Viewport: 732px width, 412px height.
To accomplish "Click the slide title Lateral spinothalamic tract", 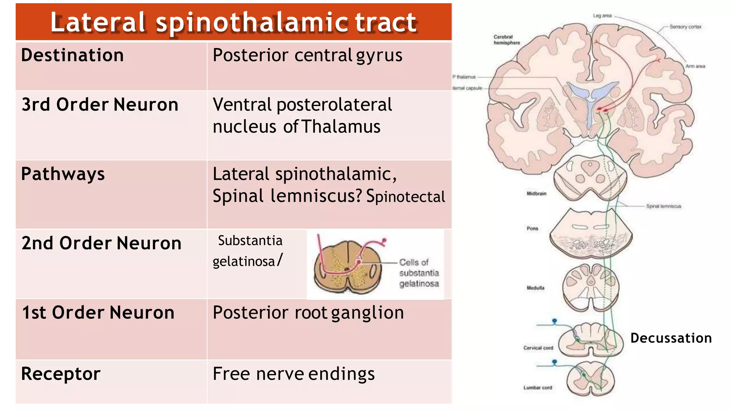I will tap(233, 22).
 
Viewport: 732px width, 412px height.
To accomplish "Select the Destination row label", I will tap(73, 55).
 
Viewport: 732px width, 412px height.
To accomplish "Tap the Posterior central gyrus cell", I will tap(307, 55).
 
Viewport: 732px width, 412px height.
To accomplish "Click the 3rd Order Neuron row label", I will tap(100, 105).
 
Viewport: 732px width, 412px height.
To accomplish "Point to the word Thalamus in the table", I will tap(341, 127).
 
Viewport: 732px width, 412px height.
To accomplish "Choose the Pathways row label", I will tap(63, 174).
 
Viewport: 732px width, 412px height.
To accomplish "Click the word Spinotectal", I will tap(406, 197).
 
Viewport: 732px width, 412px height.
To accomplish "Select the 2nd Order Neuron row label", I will tap(102, 243).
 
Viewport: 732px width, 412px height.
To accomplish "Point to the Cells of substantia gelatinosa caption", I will tap(419, 273).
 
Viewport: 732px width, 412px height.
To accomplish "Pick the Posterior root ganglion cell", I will tap(308, 313).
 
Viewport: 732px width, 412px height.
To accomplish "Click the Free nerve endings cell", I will tap(293, 374).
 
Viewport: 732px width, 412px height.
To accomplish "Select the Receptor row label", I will tap(61, 374).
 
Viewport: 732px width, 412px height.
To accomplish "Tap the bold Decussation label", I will tap(671, 338).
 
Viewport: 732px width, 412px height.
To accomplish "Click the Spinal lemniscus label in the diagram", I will tap(663, 206).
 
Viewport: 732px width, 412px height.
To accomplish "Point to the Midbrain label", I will tap(536, 193).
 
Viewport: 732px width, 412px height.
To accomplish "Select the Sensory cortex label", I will tap(685, 27).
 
